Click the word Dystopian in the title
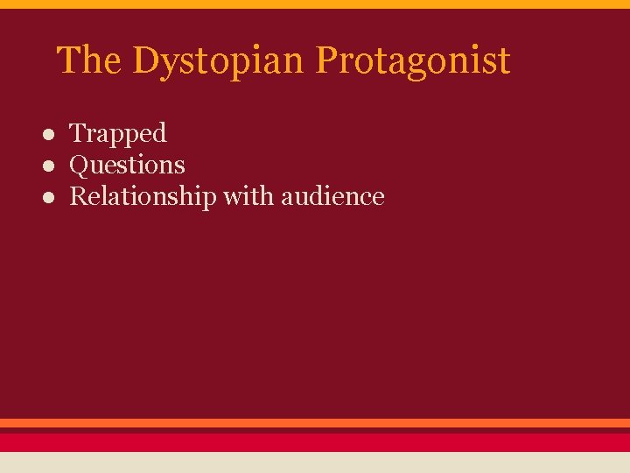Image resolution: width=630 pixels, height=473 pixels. coord(220,61)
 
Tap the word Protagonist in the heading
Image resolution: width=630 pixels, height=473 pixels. coord(412,61)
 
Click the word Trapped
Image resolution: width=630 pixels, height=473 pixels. coord(117,134)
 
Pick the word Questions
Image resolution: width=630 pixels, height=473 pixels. coord(127,165)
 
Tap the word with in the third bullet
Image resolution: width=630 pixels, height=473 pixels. coord(248,195)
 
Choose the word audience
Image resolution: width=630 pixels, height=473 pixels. coord(332,196)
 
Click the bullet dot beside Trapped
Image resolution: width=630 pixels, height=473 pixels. coord(52,134)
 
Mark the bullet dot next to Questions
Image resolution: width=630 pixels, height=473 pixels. coord(52,166)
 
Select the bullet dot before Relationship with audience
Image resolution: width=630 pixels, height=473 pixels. coord(52,197)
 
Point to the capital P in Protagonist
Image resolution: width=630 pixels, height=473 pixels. coord(325,60)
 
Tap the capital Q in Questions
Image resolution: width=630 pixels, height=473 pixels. coord(79,165)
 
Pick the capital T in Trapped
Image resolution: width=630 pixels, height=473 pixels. coord(77,133)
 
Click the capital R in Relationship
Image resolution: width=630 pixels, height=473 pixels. coord(78,196)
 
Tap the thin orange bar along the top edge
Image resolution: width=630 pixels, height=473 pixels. coord(315,4)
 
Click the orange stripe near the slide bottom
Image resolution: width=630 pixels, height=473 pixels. coord(315,422)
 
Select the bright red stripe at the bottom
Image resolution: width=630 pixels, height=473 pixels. coord(315,441)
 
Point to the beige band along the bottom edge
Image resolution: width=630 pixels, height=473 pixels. coord(315,462)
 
